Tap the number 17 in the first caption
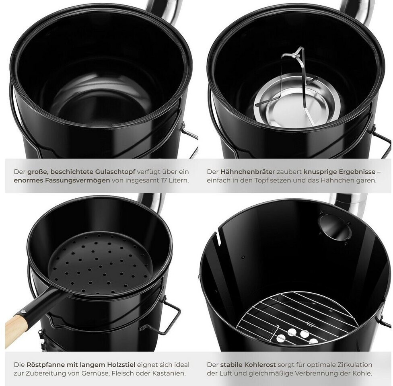coord(164,181)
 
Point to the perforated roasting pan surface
coord(100,263)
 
